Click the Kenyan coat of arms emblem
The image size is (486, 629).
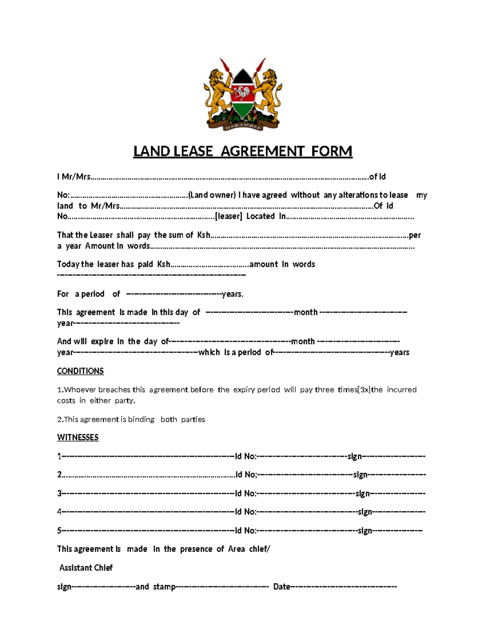(x=243, y=94)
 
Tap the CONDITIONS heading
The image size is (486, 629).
(x=80, y=371)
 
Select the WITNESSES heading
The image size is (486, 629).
(x=78, y=437)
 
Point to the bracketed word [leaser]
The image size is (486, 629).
(x=228, y=216)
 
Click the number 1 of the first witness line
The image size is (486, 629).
(x=59, y=456)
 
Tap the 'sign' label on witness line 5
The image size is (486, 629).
(x=364, y=531)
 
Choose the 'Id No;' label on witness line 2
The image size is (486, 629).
(x=246, y=475)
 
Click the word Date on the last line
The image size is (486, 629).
(x=281, y=586)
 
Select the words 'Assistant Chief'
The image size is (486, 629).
(x=86, y=568)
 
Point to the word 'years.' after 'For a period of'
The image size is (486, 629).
(x=232, y=294)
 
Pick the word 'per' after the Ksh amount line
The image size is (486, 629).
(x=415, y=235)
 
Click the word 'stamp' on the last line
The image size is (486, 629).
(x=164, y=586)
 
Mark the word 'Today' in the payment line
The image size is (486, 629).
(x=68, y=264)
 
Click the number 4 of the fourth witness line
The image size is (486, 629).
(x=59, y=512)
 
